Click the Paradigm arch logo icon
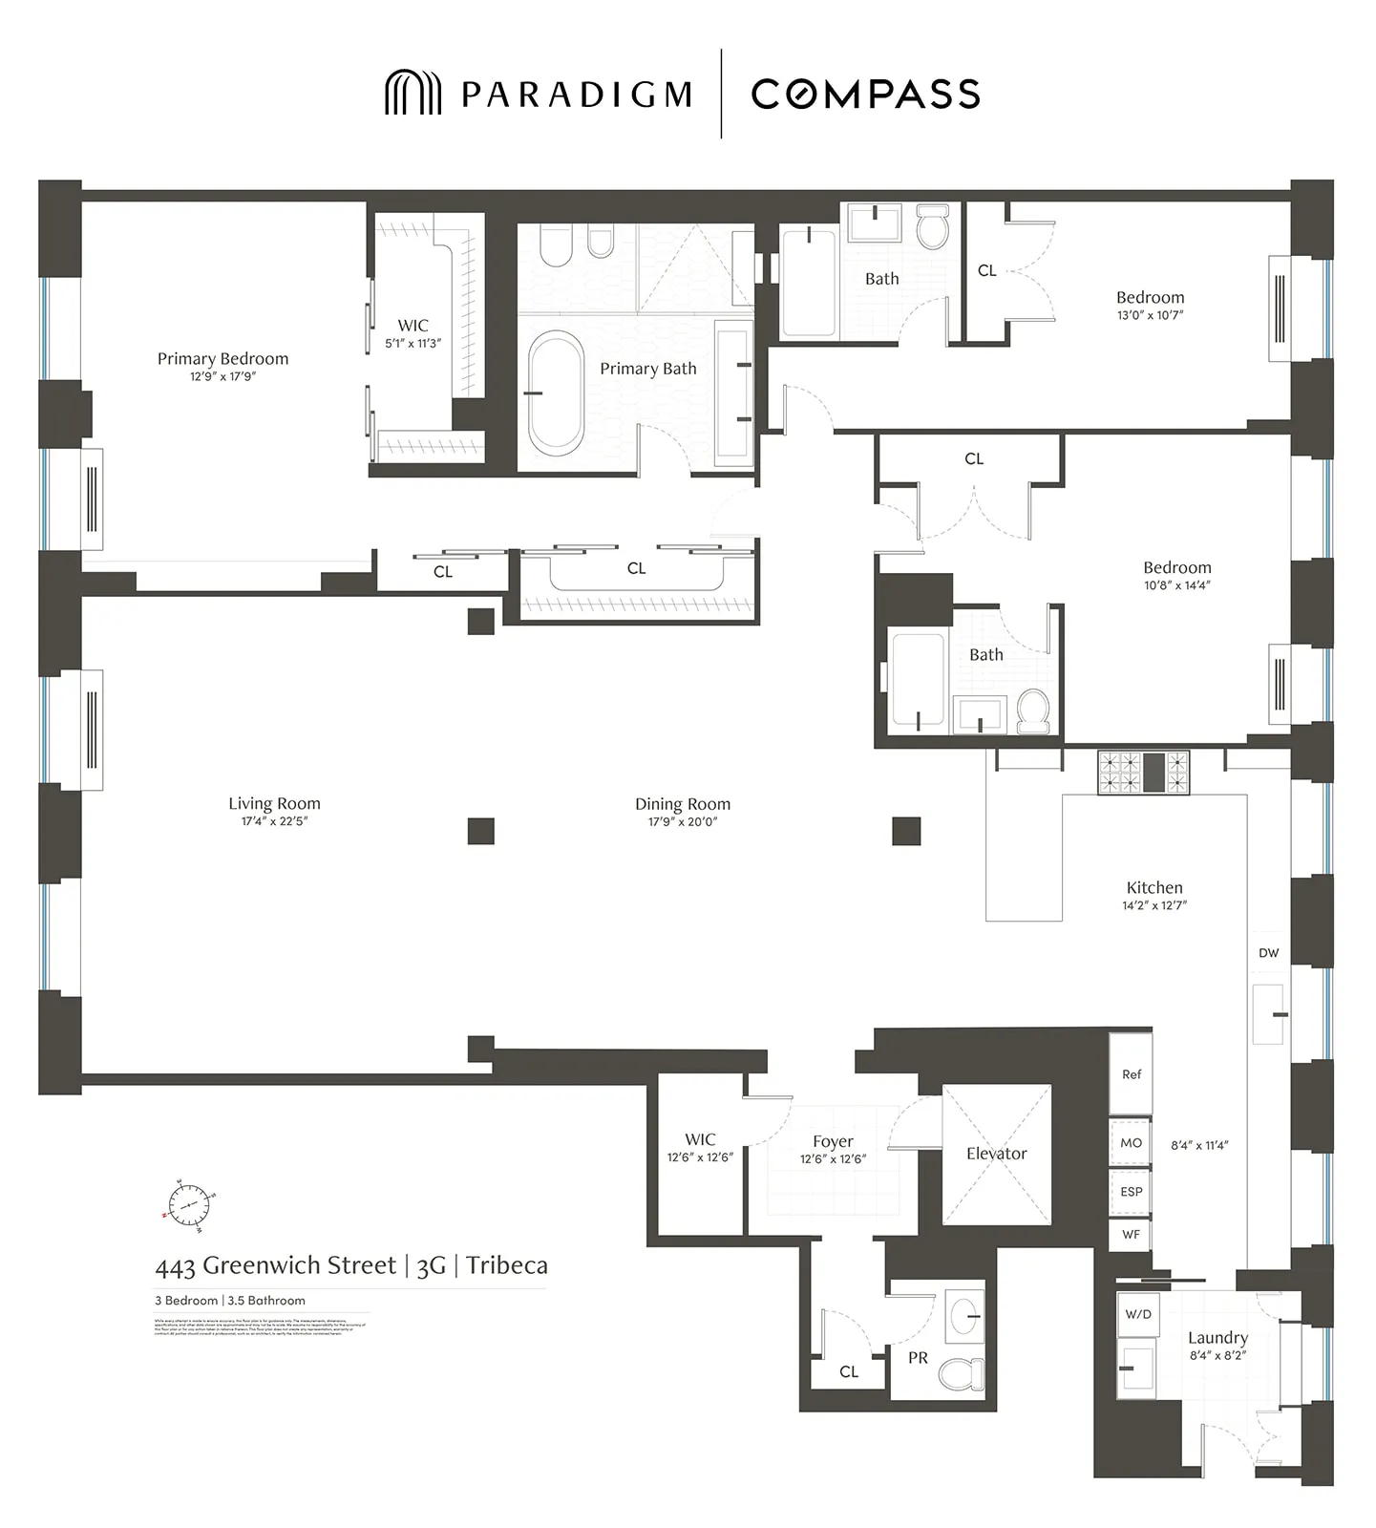point(413,93)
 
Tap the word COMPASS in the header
point(865,94)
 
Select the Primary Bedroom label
point(222,359)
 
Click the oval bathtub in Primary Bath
point(556,393)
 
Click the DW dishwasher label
point(1268,953)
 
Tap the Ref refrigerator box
point(1131,1074)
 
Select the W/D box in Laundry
point(1137,1314)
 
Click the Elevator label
point(996,1154)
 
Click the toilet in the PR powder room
point(962,1374)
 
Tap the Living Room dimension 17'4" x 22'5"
point(274,821)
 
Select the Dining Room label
point(683,804)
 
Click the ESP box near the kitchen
point(1131,1192)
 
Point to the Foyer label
point(833,1142)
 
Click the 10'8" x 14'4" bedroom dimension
point(1177,585)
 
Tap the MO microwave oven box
point(1131,1143)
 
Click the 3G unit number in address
point(432,1266)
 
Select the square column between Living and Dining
point(481,831)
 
